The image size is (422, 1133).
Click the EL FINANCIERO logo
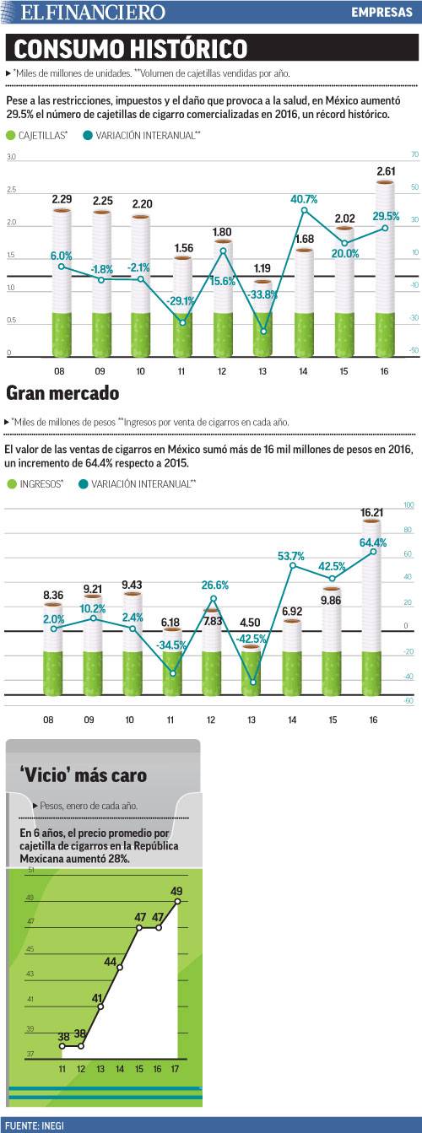(93, 13)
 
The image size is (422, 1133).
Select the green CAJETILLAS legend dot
(11, 135)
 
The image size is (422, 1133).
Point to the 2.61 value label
(385, 171)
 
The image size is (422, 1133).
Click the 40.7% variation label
(304, 199)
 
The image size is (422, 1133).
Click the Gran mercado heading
(62, 393)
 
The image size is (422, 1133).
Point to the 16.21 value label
(372, 512)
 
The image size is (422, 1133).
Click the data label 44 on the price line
(111, 961)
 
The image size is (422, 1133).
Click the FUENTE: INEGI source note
(34, 1125)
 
